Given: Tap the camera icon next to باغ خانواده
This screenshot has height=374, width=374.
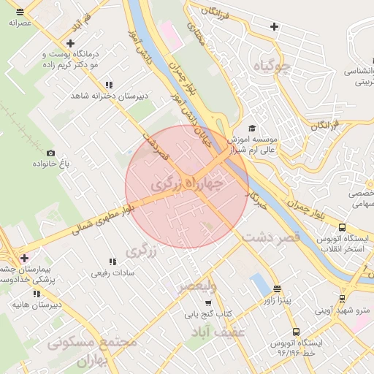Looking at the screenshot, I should click(50, 153).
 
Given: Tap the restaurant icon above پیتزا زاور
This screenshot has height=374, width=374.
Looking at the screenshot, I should click(276, 289).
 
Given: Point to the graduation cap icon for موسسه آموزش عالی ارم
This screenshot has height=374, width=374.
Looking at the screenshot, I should click(252, 126).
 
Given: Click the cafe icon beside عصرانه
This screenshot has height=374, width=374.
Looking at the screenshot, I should click(19, 12).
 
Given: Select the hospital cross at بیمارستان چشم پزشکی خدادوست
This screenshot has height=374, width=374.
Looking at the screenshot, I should click(25, 258).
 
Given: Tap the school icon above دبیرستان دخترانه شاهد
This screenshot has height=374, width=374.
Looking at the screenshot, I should click(109, 85).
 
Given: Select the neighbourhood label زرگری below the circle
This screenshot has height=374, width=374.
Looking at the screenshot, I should click(142, 251).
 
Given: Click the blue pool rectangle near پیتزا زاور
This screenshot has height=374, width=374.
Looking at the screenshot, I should click(259, 284).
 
